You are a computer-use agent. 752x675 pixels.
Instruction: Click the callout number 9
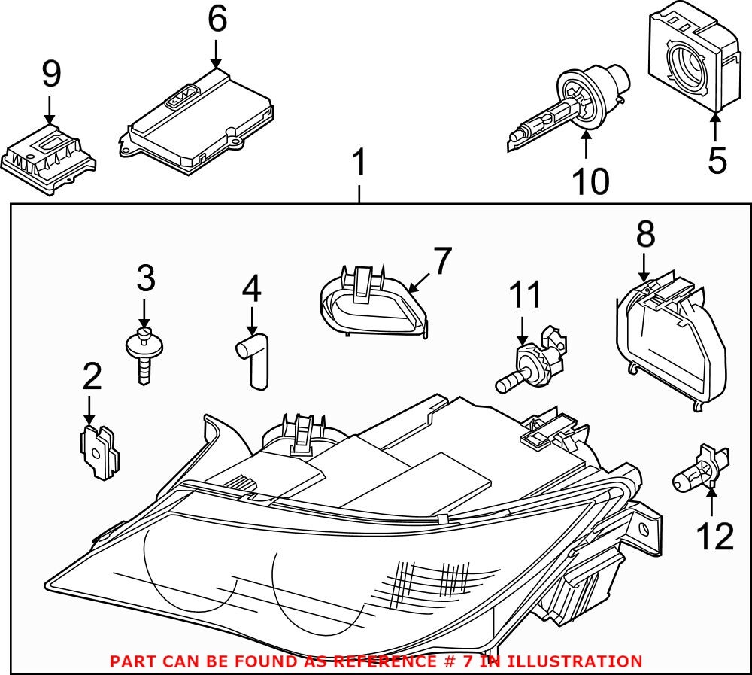[50, 75]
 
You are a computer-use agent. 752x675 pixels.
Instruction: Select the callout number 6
[217, 20]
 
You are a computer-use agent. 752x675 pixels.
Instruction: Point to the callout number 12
[713, 537]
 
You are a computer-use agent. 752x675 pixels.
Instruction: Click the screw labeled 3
[143, 354]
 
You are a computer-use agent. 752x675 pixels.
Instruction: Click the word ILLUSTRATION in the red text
[575, 661]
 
